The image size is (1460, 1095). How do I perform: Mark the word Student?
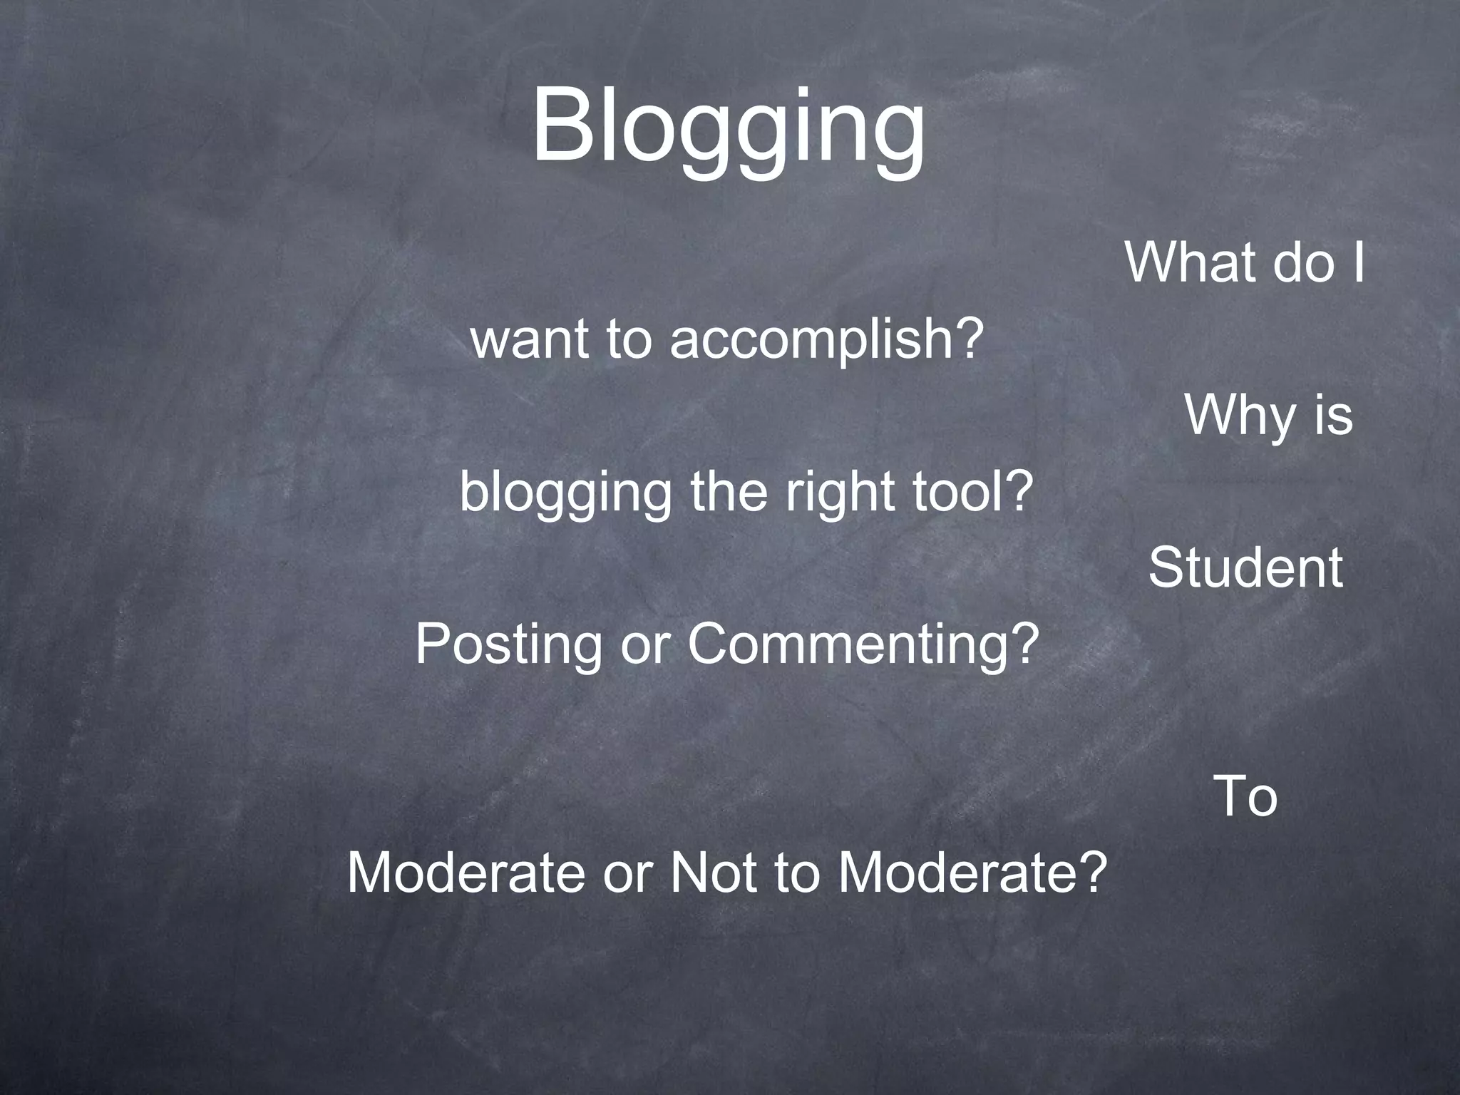[x=1245, y=568]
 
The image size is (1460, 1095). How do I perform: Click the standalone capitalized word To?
[x=1245, y=796]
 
